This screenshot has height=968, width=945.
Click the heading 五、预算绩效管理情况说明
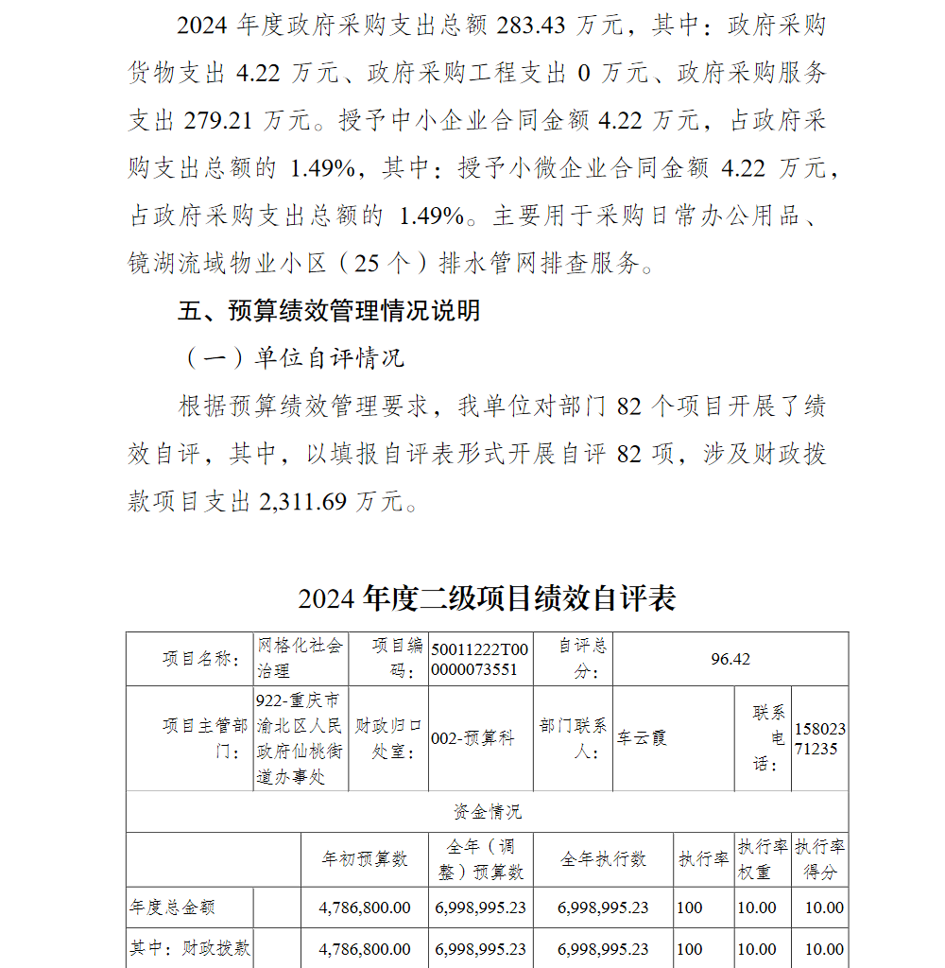329,310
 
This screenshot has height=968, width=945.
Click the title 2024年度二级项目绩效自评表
487,598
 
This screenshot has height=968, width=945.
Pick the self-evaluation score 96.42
730,659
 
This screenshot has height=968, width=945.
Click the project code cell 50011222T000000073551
480,659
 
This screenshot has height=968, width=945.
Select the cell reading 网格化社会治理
301,658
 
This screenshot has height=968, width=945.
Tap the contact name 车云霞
643,737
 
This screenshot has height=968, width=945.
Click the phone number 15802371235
820,738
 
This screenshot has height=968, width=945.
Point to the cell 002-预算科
472,738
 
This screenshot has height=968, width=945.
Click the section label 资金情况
487,812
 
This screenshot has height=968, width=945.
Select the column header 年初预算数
365,859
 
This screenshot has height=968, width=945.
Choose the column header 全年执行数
603,859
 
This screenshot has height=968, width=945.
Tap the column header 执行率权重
763,859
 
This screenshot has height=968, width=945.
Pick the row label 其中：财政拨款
190,948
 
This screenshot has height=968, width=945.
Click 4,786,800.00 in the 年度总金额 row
365,907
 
